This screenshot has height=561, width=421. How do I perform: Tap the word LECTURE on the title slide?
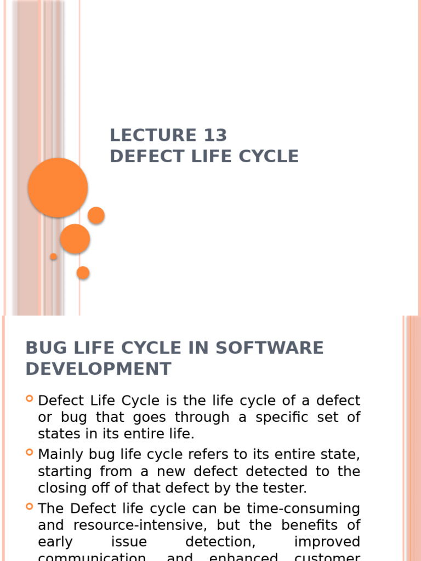pyautogui.click(x=153, y=135)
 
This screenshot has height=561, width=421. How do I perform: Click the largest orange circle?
pyautogui.click(x=58, y=187)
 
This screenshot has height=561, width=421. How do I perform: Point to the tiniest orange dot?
pyautogui.click(x=53, y=256)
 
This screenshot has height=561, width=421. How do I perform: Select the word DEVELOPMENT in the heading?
pyautogui.click(x=99, y=369)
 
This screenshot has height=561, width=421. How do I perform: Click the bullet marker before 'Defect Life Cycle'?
pyautogui.click(x=30, y=399)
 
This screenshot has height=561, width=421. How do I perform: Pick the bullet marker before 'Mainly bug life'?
pyautogui.click(x=30, y=453)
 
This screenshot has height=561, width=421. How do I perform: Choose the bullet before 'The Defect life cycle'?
pyautogui.click(x=30, y=507)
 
